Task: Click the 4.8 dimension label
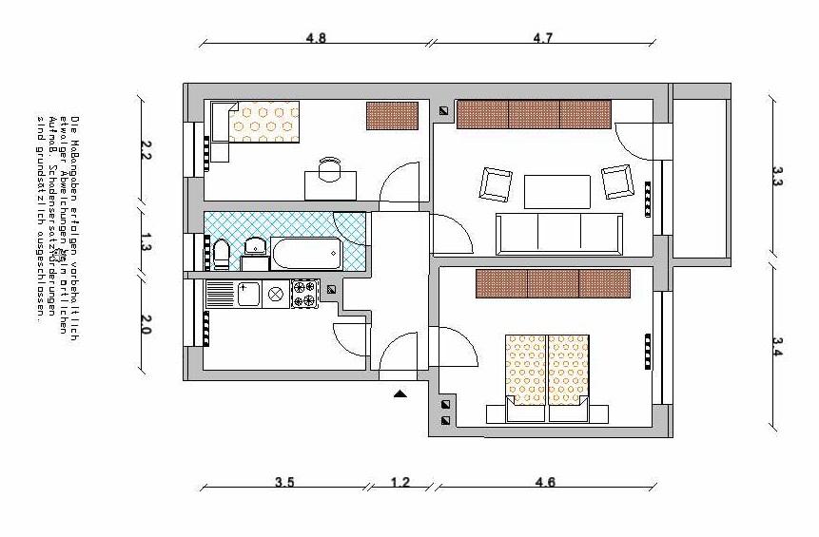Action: click(x=316, y=39)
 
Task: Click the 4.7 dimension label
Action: click(x=542, y=39)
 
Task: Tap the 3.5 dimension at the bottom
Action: click(x=284, y=482)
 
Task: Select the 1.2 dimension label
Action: click(x=400, y=482)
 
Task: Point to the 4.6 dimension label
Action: click(x=545, y=482)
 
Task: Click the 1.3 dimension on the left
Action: click(x=146, y=241)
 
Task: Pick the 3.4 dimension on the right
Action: click(x=777, y=347)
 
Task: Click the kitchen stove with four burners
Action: click(x=305, y=294)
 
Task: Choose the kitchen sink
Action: click(x=250, y=294)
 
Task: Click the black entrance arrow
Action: click(x=400, y=392)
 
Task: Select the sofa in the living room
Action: click(x=559, y=234)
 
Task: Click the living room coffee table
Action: click(x=556, y=191)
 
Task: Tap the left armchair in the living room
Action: click(x=496, y=183)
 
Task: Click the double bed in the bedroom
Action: click(x=547, y=376)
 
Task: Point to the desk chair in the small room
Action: click(x=329, y=169)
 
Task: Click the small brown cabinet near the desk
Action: click(x=392, y=116)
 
